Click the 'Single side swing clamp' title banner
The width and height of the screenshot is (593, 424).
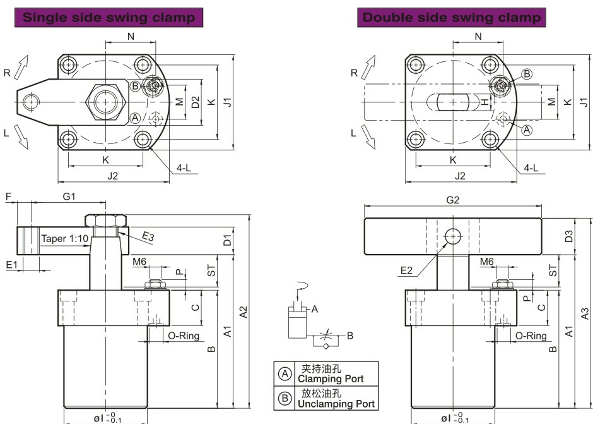click(x=109, y=17)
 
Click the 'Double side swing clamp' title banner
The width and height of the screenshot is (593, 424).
click(x=452, y=17)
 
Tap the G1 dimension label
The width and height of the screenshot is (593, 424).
click(x=69, y=197)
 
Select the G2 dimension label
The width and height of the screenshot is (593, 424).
click(x=452, y=200)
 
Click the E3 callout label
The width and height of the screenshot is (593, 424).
click(x=148, y=236)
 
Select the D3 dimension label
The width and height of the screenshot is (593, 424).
click(x=569, y=237)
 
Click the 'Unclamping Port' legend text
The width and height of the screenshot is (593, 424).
click(x=336, y=403)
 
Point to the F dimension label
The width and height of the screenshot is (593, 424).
click(x=8, y=197)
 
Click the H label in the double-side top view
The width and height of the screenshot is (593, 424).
click(x=484, y=102)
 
